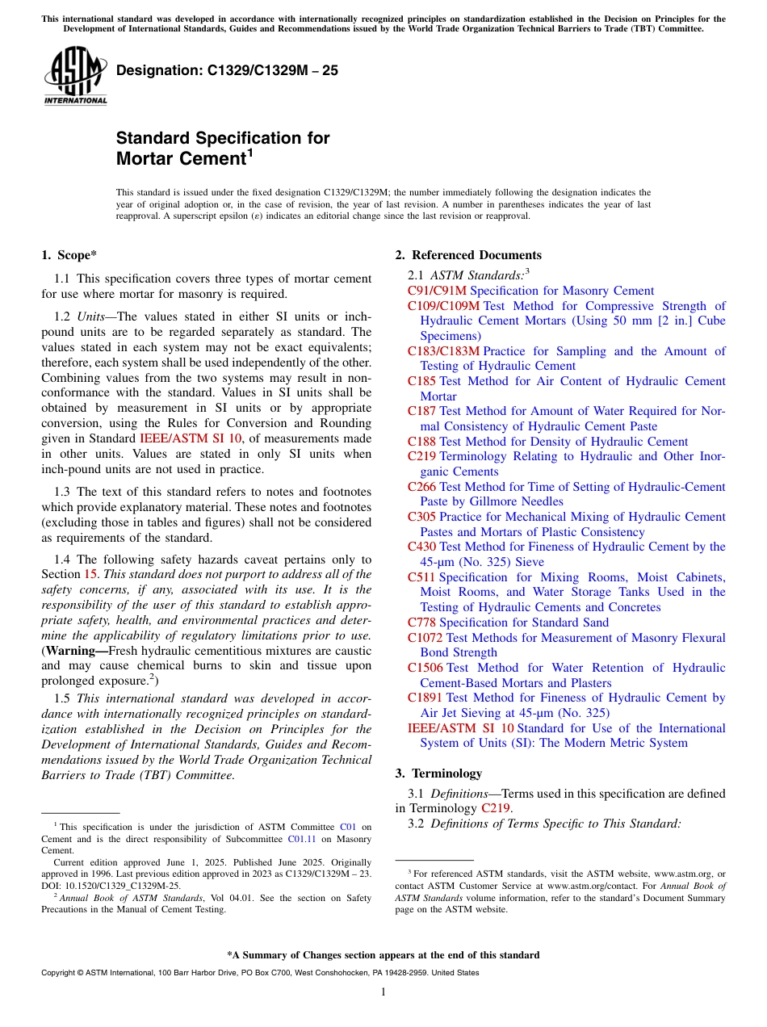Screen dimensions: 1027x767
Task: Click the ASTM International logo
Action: pos(75,76)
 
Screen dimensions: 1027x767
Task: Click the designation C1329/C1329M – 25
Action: pos(227,70)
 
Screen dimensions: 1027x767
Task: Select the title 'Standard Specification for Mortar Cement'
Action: pos(223,148)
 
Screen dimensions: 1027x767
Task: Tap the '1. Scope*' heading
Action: pos(69,255)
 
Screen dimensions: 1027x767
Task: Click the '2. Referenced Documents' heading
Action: pos(468,255)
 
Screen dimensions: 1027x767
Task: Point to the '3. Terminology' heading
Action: pos(438,773)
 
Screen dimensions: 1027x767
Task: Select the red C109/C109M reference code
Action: pos(443,306)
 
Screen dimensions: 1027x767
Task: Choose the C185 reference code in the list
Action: pos(421,381)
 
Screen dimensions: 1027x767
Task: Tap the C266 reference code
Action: pos(421,487)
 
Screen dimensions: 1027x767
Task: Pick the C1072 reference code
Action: pos(425,638)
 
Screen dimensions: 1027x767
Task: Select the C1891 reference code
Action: pos(425,698)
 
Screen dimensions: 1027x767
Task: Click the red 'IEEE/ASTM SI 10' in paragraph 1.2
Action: pos(191,438)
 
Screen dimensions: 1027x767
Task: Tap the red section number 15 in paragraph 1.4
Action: pos(90,574)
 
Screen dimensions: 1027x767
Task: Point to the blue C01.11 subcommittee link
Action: pos(300,839)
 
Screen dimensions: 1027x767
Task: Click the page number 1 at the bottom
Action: pos(383,991)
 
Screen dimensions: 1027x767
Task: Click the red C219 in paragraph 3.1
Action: pos(495,808)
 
